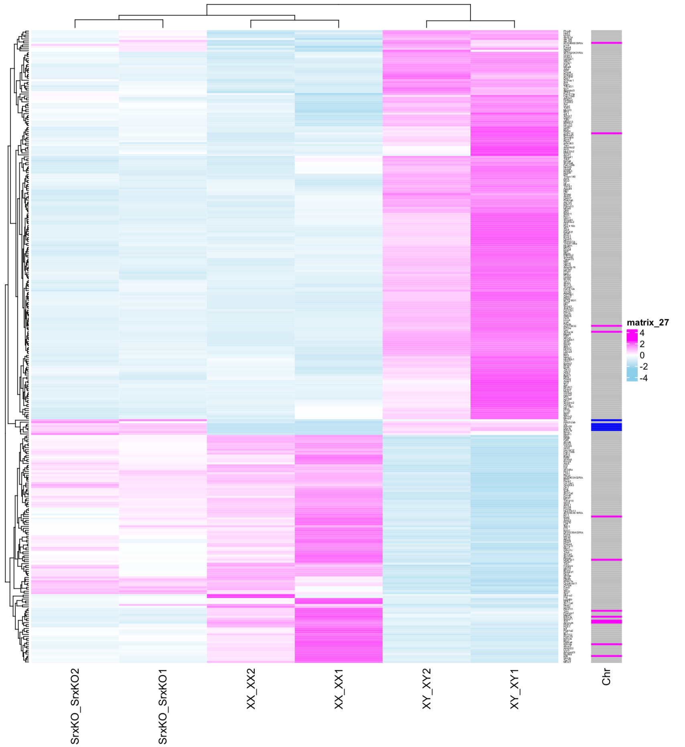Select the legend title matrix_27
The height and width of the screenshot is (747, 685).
pos(648,323)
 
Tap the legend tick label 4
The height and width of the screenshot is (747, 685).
pos(642,333)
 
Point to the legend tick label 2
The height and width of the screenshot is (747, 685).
pos(642,344)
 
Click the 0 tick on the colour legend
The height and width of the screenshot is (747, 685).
pos(642,355)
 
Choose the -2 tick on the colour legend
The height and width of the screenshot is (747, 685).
pos(644,367)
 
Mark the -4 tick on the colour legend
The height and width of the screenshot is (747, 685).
pos(644,378)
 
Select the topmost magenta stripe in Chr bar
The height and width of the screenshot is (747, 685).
pos(606,43)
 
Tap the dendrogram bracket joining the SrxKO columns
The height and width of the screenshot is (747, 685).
pos(119,19)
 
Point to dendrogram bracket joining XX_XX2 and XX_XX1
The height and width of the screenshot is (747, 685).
pos(295,20)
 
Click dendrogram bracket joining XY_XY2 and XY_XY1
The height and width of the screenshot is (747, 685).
pos(470,20)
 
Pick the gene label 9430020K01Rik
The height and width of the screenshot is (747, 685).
pos(573,52)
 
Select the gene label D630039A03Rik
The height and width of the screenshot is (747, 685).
pos(574,533)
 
